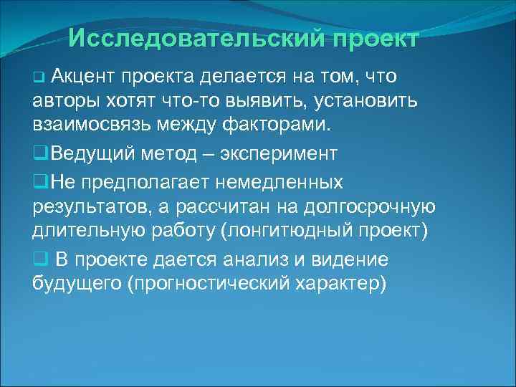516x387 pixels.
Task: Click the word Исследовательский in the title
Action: click(184, 38)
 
